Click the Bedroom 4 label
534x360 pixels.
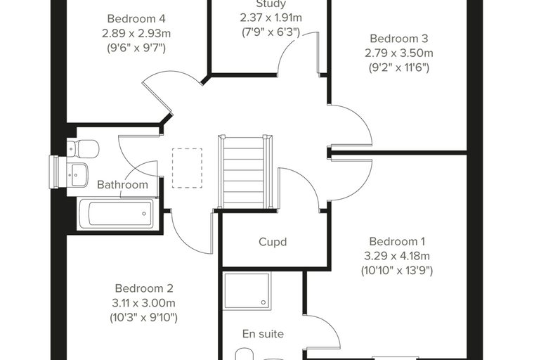click(136, 19)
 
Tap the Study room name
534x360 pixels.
click(271, 4)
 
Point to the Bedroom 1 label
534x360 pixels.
click(397, 241)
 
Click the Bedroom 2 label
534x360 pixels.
click(144, 288)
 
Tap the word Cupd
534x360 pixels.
click(273, 242)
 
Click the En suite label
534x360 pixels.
click(263, 334)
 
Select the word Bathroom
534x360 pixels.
click(122, 185)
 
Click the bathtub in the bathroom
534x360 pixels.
click(116, 214)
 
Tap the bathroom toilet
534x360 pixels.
click(83, 148)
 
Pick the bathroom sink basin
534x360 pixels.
click(77, 174)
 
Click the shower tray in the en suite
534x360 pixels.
click(247, 291)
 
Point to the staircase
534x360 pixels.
click(245, 172)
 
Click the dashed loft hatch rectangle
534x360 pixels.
click(187, 168)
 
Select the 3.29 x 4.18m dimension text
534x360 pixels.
click(397, 256)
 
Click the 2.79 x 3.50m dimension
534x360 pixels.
click(399, 53)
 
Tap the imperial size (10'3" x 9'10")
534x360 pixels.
click(144, 318)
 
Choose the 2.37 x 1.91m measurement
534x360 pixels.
click(271, 18)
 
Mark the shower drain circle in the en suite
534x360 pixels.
click(263, 302)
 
